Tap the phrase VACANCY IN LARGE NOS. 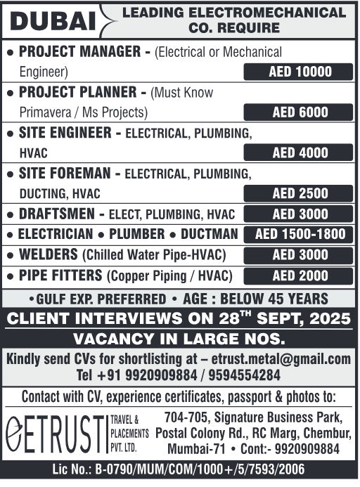[x=179, y=338]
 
